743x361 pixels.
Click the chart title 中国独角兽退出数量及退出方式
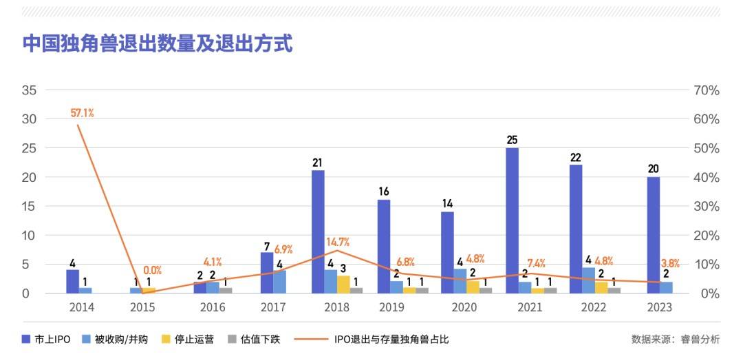point(158,44)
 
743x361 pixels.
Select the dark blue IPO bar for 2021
point(512,220)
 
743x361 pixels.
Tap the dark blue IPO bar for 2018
point(318,231)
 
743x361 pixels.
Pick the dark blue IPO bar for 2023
point(653,235)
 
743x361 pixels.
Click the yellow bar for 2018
point(343,284)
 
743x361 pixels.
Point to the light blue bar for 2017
point(280,281)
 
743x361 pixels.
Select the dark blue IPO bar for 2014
point(72,281)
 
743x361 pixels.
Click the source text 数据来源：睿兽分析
point(676,339)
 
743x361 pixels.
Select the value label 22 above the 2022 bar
point(576,157)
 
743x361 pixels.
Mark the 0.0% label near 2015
point(152,271)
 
